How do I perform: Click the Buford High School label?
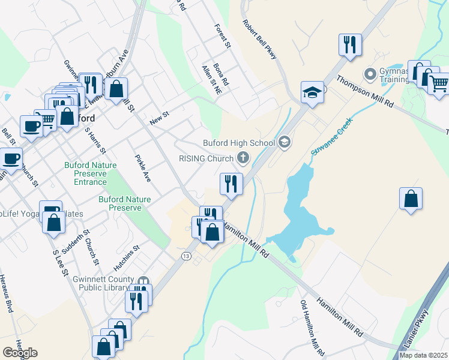tap(239, 143)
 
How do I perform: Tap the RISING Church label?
tap(206, 158)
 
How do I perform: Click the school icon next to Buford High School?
tap(285, 142)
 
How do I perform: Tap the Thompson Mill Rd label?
tap(365, 92)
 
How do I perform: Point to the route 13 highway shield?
tap(186, 256)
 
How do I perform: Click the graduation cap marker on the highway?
tap(312, 92)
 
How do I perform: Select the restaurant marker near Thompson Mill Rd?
tap(349, 44)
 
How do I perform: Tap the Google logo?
tap(20, 353)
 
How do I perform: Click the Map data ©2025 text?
tap(424, 355)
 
